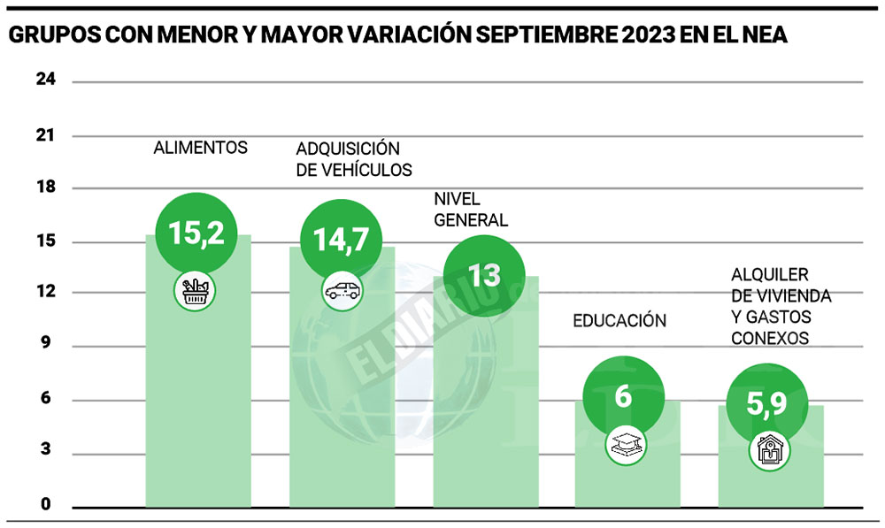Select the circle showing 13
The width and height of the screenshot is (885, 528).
[x=484, y=275]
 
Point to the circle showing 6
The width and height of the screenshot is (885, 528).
[x=623, y=395]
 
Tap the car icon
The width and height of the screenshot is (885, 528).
[x=341, y=289]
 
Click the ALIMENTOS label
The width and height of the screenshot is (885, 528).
[x=200, y=148]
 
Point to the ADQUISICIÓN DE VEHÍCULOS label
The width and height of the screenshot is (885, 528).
[x=354, y=158]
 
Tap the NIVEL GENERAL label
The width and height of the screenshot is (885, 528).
[x=471, y=210]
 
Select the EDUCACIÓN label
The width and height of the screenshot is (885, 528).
[x=619, y=320]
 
